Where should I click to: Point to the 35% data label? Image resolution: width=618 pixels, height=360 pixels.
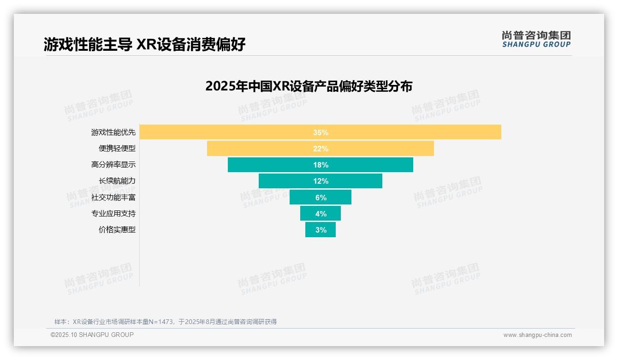[x=321, y=132]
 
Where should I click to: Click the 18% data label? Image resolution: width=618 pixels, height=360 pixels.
[x=321, y=165]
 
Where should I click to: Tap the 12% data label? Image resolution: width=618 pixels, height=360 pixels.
[x=321, y=181]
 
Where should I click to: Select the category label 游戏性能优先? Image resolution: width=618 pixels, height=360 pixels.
[x=113, y=132]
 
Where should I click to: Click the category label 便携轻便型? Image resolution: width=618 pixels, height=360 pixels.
[x=117, y=149]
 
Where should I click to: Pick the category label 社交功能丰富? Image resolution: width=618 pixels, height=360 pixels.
[x=113, y=197]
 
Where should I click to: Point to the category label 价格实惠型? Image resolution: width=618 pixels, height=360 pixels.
[x=117, y=229]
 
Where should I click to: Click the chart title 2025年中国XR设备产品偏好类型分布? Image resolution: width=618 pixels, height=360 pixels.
[x=309, y=86]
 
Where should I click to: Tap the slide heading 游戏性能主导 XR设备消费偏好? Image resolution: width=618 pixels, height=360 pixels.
[x=144, y=44]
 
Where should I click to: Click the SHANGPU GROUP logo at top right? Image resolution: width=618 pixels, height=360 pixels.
[x=536, y=39]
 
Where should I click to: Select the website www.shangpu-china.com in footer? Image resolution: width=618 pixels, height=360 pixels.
[x=537, y=335]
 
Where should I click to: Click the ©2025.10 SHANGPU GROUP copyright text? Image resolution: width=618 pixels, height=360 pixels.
[x=92, y=335]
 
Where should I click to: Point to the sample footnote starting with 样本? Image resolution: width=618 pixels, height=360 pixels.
[x=166, y=322]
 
